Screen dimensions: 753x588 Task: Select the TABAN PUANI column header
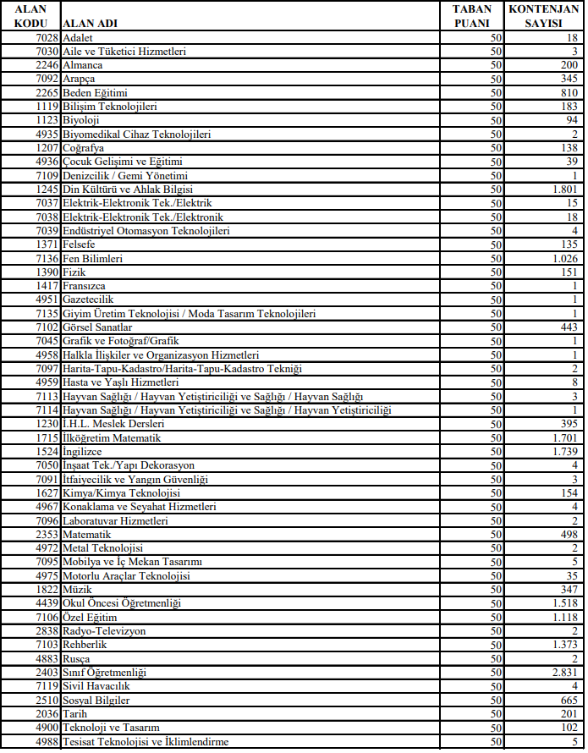pyautogui.click(x=472, y=16)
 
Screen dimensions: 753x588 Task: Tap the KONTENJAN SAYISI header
pyautogui.click(x=542, y=16)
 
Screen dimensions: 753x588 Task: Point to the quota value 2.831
pyautogui.click(x=562, y=673)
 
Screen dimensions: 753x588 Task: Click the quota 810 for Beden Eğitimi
pyautogui.click(x=569, y=93)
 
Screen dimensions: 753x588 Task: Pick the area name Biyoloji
pyautogui.click(x=81, y=120)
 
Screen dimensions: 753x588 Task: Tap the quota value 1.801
pyautogui.click(x=562, y=190)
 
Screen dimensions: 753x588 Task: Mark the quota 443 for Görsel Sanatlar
pyautogui.click(x=569, y=327)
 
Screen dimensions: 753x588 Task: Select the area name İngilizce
pyautogui.click(x=82, y=452)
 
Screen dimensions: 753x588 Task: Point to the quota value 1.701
pyautogui.click(x=562, y=438)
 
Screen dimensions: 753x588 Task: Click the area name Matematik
pyautogui.click(x=87, y=535)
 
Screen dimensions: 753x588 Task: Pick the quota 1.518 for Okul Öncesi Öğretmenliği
pyautogui.click(x=562, y=603)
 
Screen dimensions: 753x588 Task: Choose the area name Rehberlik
pyautogui.click(x=85, y=645)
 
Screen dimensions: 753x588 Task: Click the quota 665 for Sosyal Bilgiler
pyautogui.click(x=569, y=700)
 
